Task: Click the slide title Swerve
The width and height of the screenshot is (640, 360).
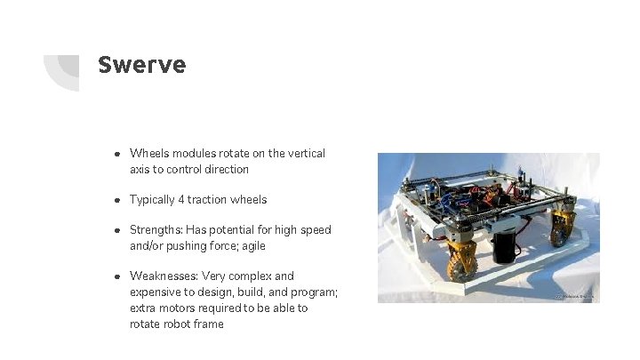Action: (x=141, y=65)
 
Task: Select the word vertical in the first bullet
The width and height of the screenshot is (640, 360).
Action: (x=307, y=153)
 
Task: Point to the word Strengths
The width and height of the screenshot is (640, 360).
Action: (x=155, y=229)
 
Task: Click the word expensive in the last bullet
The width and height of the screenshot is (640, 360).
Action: (x=156, y=292)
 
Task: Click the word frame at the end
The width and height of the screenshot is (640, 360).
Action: (x=208, y=324)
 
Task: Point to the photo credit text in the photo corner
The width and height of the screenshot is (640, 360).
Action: (x=574, y=296)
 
